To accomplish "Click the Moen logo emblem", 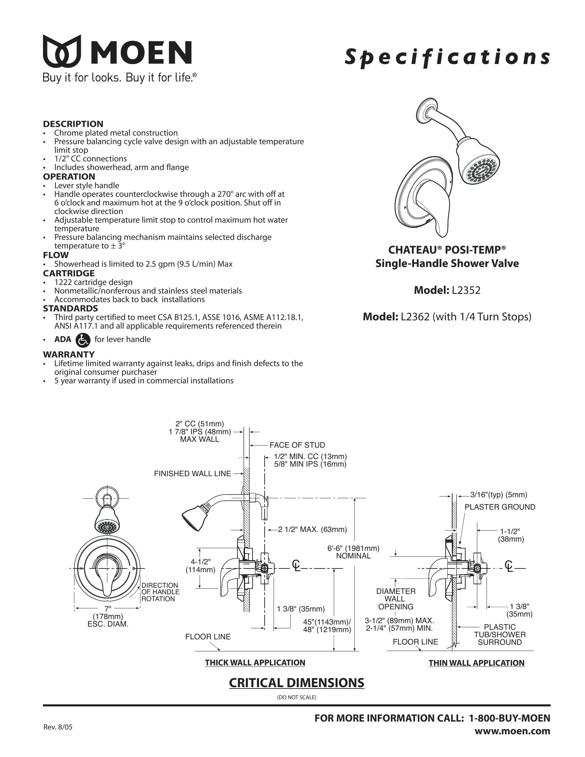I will (62, 51).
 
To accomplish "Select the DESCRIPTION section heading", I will (73, 124).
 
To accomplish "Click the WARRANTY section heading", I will (68, 354).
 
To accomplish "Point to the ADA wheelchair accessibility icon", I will (83, 340).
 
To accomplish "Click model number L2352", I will (466, 290).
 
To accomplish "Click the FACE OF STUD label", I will (297, 445).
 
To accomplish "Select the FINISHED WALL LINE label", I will (192, 473).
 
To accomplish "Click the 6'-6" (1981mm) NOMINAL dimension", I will (353, 552).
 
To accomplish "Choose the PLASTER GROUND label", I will (500, 507).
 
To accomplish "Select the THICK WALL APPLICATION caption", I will (255, 663).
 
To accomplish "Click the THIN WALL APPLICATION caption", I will (477, 663).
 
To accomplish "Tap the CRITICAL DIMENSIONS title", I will (297, 683).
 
